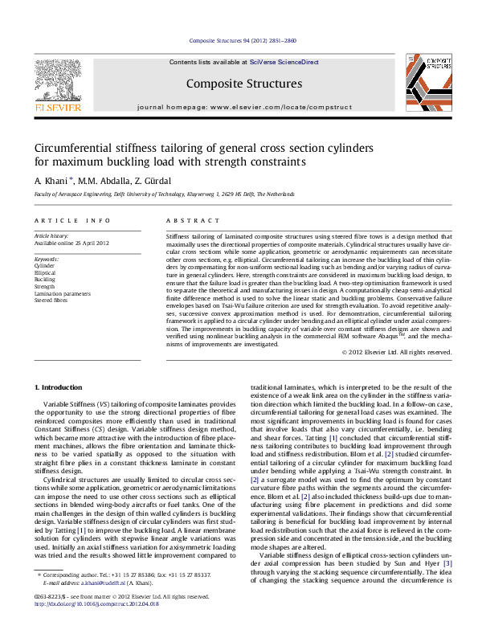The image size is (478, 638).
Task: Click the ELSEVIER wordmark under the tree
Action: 59,105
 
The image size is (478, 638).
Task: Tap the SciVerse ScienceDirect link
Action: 284,62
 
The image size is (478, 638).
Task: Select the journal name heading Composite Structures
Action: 243,84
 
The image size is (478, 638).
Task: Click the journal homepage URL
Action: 283,106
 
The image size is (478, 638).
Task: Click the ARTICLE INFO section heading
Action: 72,220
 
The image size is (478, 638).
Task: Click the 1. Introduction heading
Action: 62,388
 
